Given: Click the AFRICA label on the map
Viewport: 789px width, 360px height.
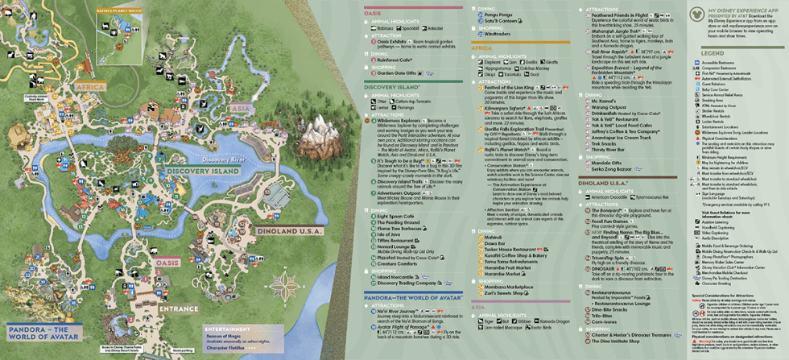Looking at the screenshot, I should point(90,83).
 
